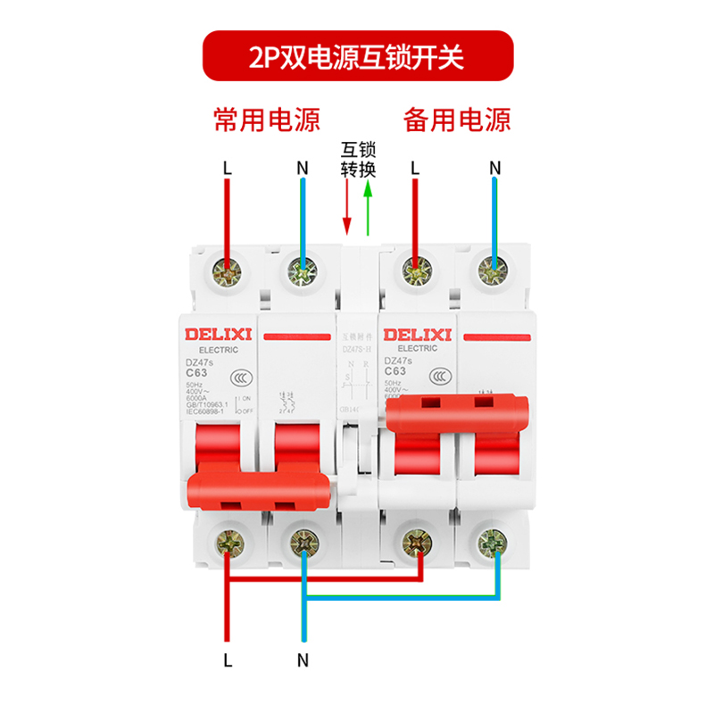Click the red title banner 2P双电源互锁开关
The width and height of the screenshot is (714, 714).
coord(357,58)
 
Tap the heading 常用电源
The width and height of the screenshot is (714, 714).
coord(266,120)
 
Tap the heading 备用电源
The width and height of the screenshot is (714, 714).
coord(457,120)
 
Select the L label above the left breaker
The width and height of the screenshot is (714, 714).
coord(228,167)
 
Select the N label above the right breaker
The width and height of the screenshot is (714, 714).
coord(495,167)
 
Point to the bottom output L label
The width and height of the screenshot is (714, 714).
coord(228,660)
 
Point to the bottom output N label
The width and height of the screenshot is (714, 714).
coord(303,660)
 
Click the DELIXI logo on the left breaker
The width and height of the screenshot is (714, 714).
coord(220,335)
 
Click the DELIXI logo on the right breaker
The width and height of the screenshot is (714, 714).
coord(418,335)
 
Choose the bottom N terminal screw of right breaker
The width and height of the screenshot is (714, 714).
coord(489,540)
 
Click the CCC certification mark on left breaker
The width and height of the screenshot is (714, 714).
coord(237,378)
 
